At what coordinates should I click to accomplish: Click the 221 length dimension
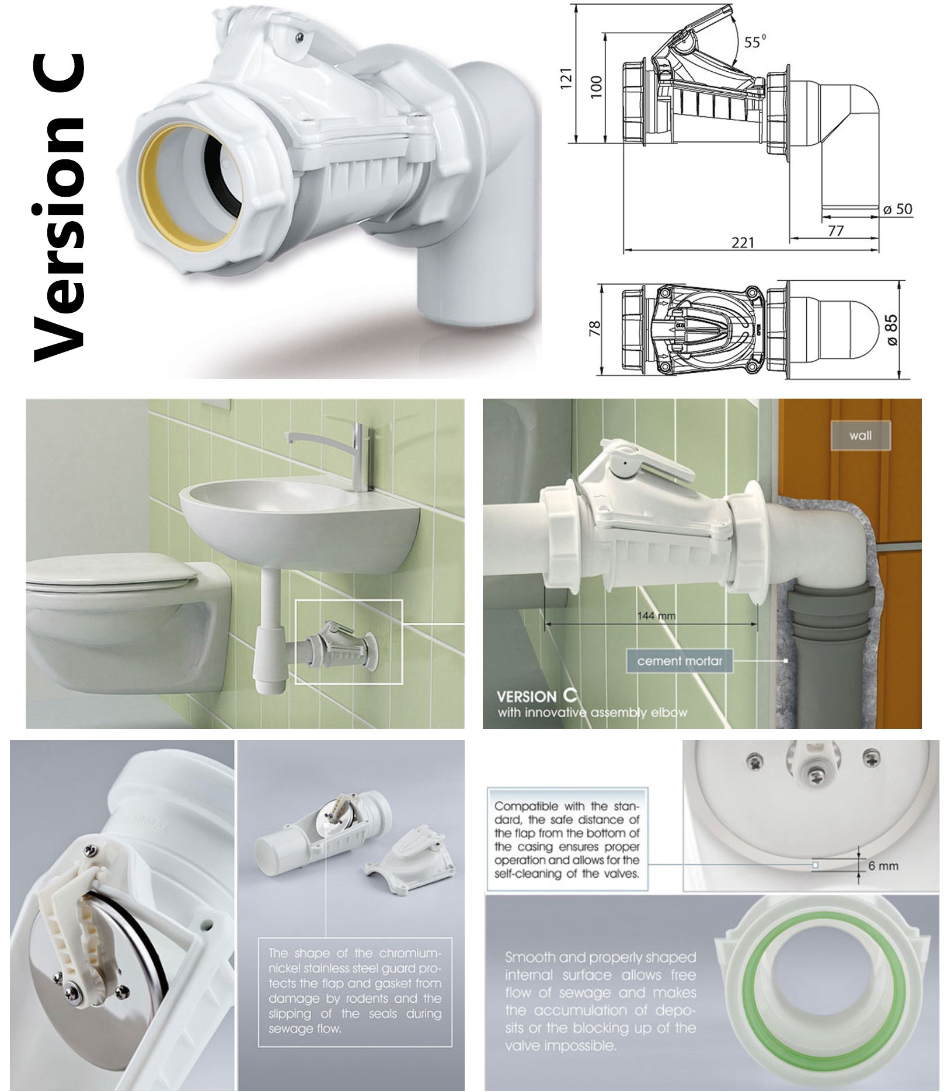click(x=743, y=243)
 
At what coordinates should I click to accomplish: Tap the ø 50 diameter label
click(x=897, y=209)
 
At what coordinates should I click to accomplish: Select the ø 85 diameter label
click(x=893, y=330)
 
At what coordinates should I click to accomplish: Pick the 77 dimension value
click(x=835, y=231)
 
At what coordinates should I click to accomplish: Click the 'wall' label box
click(x=860, y=435)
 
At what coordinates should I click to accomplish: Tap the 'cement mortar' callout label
click(x=679, y=661)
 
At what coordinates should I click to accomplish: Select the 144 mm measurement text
click(x=657, y=615)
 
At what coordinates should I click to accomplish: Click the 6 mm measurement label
click(x=883, y=866)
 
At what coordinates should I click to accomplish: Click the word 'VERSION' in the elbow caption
click(x=526, y=696)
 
